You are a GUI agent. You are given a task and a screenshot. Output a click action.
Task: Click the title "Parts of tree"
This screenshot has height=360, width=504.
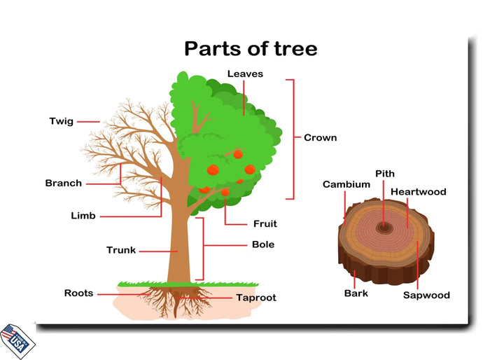pyautogui.click(x=251, y=48)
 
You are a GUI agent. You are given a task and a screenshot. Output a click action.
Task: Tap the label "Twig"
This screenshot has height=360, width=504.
pyautogui.click(x=61, y=121)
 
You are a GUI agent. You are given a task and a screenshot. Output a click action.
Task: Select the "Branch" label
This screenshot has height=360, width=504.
pyautogui.click(x=64, y=184)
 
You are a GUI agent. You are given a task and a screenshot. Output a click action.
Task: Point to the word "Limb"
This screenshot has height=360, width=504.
pyautogui.click(x=83, y=216)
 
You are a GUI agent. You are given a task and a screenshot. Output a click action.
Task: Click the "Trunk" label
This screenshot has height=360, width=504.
pyautogui.click(x=121, y=250)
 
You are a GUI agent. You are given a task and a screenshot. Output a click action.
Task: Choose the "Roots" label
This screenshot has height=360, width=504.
pyautogui.click(x=78, y=293)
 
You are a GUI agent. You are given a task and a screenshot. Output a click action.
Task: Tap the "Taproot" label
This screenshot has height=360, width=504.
pyautogui.click(x=255, y=298)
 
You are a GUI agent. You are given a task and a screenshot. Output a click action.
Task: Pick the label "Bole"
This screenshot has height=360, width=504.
pyautogui.click(x=263, y=245)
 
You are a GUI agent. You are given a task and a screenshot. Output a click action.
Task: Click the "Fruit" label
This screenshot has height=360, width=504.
pyautogui.click(x=265, y=224)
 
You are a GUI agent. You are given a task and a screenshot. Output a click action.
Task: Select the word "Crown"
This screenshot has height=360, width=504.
pyautogui.click(x=320, y=138)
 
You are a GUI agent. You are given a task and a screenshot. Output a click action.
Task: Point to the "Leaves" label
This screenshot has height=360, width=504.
pyautogui.click(x=245, y=74)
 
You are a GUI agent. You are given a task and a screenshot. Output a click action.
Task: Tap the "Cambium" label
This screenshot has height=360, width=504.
pyautogui.click(x=346, y=185)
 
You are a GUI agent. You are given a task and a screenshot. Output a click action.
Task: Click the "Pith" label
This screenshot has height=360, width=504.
pyautogui.click(x=385, y=174)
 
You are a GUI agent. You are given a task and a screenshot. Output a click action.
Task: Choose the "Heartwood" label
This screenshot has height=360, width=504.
pyautogui.click(x=418, y=192)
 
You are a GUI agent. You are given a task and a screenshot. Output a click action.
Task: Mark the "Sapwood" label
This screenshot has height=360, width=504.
pyautogui.click(x=426, y=295)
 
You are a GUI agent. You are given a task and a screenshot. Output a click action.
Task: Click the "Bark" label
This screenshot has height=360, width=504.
pyautogui.click(x=356, y=293)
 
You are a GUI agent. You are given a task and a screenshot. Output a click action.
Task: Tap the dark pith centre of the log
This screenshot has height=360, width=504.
pyautogui.click(x=384, y=227)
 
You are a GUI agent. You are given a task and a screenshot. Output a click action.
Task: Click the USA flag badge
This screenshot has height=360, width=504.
pyautogui.click(x=17, y=340)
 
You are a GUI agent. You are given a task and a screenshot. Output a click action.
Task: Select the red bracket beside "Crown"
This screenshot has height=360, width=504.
pyautogui.click(x=290, y=139)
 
